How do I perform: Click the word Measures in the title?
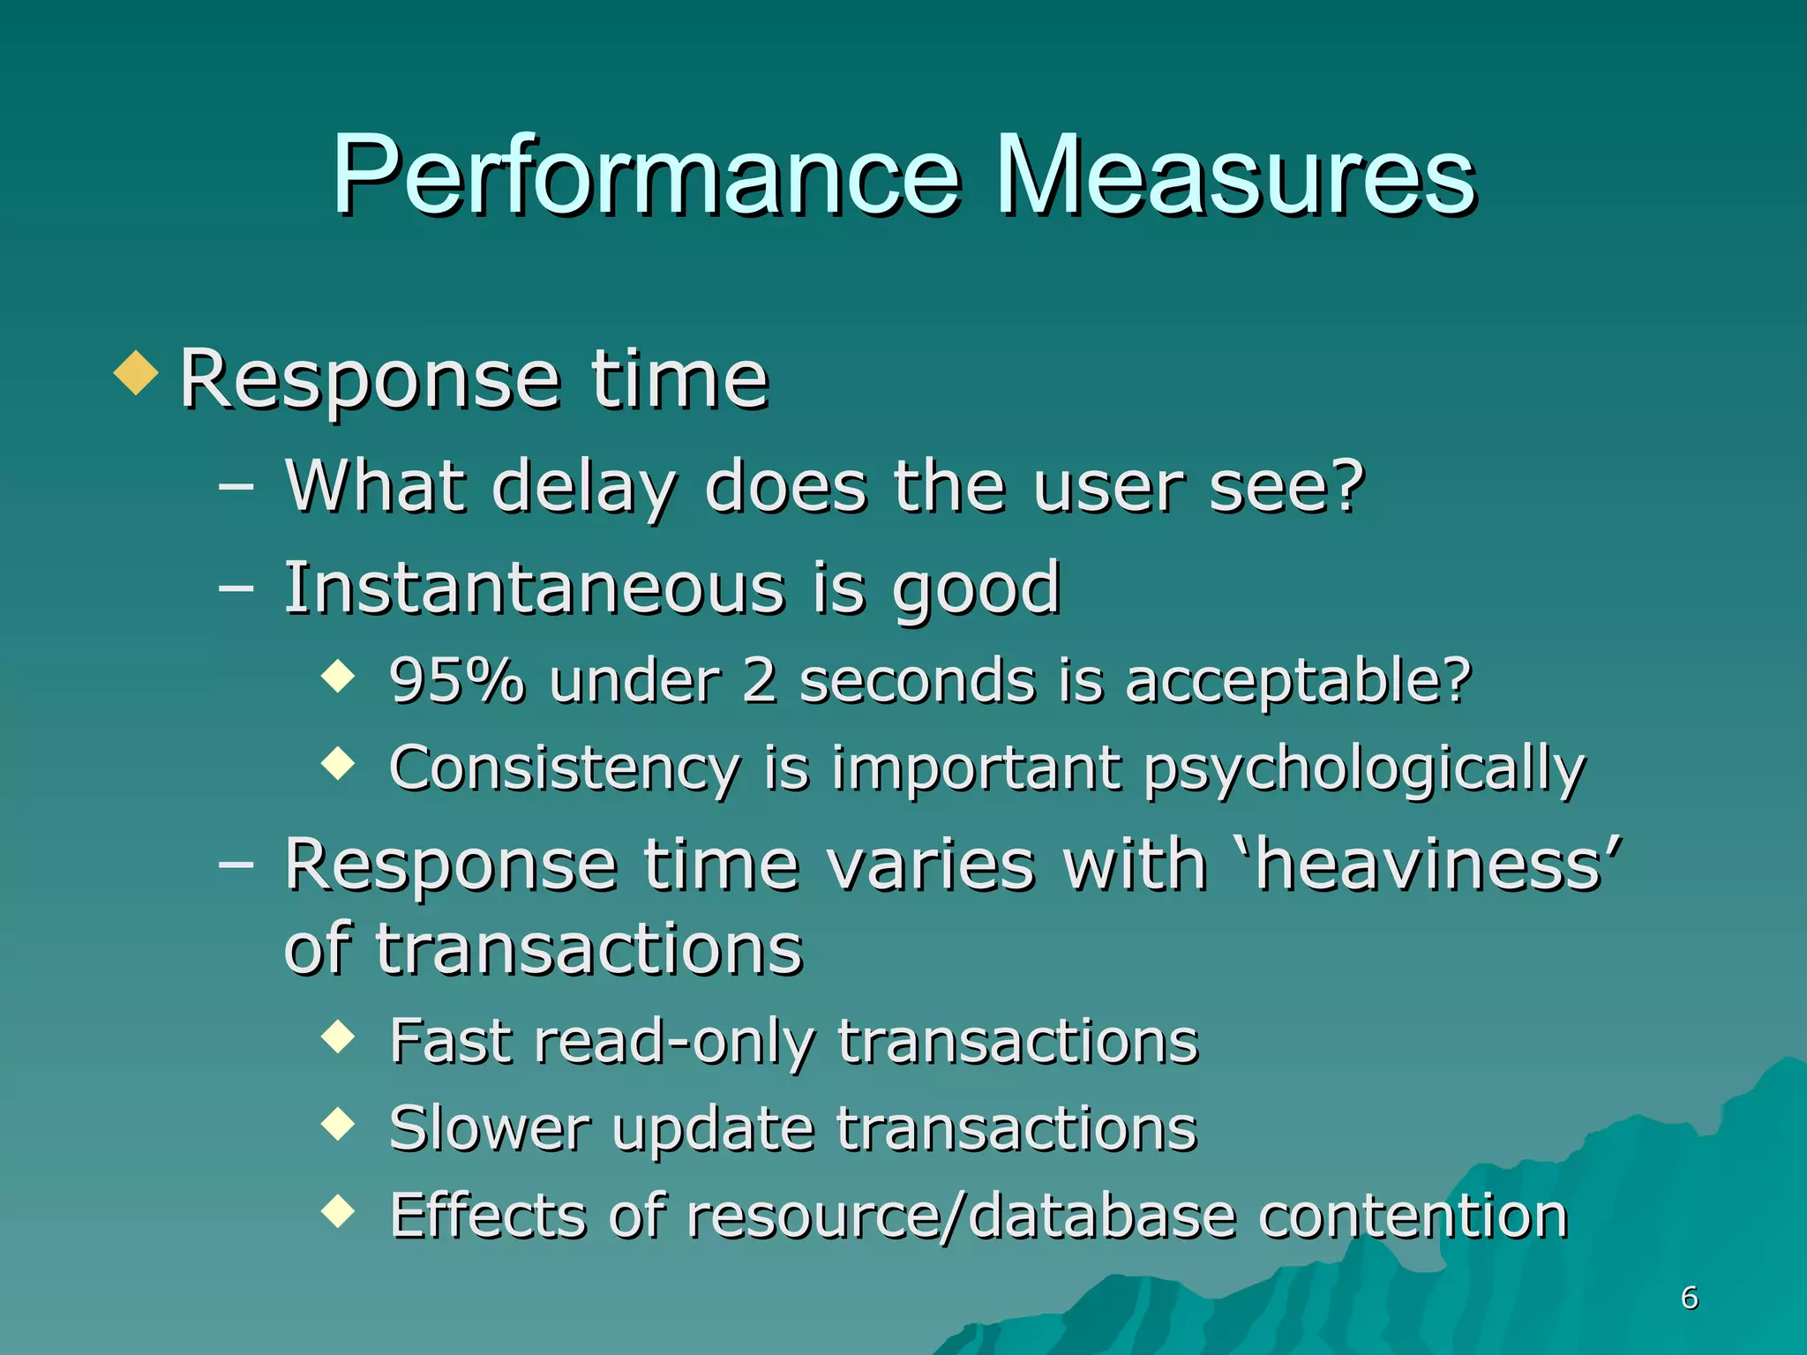pos(1235,176)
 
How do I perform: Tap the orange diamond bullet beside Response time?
pos(136,373)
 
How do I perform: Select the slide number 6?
pos(1689,1298)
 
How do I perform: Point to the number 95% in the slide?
pos(457,681)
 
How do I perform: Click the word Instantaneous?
pos(534,588)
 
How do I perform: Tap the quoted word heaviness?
pos(1438,865)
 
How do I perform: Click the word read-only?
pos(674,1042)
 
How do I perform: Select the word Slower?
pos(489,1129)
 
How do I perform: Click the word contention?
pos(1413,1217)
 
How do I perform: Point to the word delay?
pos(584,487)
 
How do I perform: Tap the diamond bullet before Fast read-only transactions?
pos(338,1037)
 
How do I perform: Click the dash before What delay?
pos(236,486)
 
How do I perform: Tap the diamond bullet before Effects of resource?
pos(338,1211)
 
